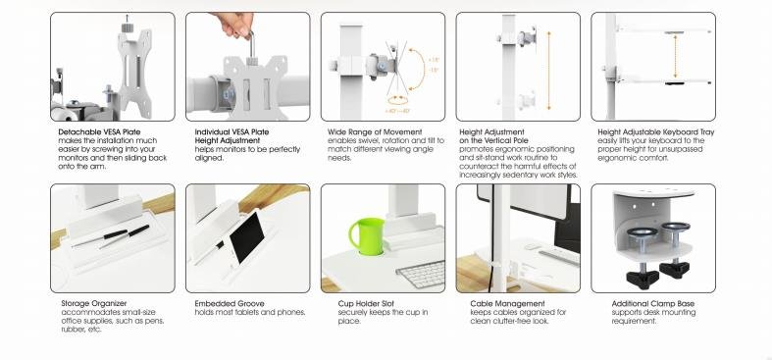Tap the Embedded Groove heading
point(227,303)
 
